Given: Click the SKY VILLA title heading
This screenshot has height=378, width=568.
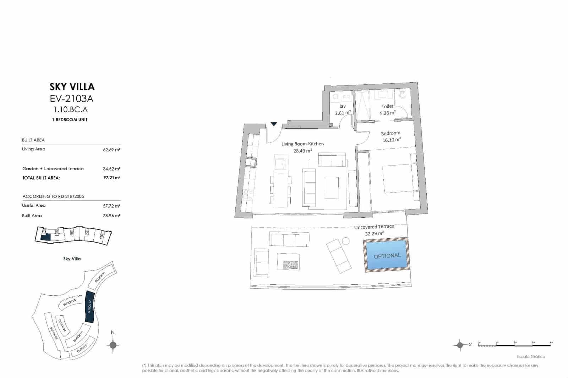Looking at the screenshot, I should pos(72,87).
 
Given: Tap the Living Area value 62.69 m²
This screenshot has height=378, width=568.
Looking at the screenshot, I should pos(111,150).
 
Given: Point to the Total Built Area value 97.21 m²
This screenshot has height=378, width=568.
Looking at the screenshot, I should pos(112,177).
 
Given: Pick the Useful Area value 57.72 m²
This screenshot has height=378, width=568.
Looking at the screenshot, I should pos(111,206).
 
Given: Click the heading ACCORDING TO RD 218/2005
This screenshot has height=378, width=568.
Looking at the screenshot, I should pos(53,196).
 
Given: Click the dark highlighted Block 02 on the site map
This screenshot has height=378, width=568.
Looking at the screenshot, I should pos(89,306).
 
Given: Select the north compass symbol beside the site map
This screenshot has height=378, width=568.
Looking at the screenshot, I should pos(113,345).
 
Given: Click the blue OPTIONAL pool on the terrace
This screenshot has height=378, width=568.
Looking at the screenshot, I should pos(387,255).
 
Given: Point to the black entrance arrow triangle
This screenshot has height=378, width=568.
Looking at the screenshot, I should pos(274,124).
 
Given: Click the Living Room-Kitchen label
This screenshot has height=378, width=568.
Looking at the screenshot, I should pos(302,144).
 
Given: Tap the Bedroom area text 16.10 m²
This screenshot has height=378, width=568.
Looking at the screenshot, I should pos(391,140).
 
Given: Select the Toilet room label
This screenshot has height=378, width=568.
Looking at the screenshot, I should pos(387,106).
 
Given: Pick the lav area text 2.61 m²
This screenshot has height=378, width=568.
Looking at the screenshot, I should pos(343,113).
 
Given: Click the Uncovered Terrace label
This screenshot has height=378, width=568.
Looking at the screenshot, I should pos(374,227).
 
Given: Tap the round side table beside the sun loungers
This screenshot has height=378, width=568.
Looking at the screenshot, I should pos(346,241).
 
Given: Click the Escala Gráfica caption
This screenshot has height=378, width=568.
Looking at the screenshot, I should pos(531,356).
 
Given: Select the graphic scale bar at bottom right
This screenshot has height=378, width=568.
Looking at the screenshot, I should pos(515,344).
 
